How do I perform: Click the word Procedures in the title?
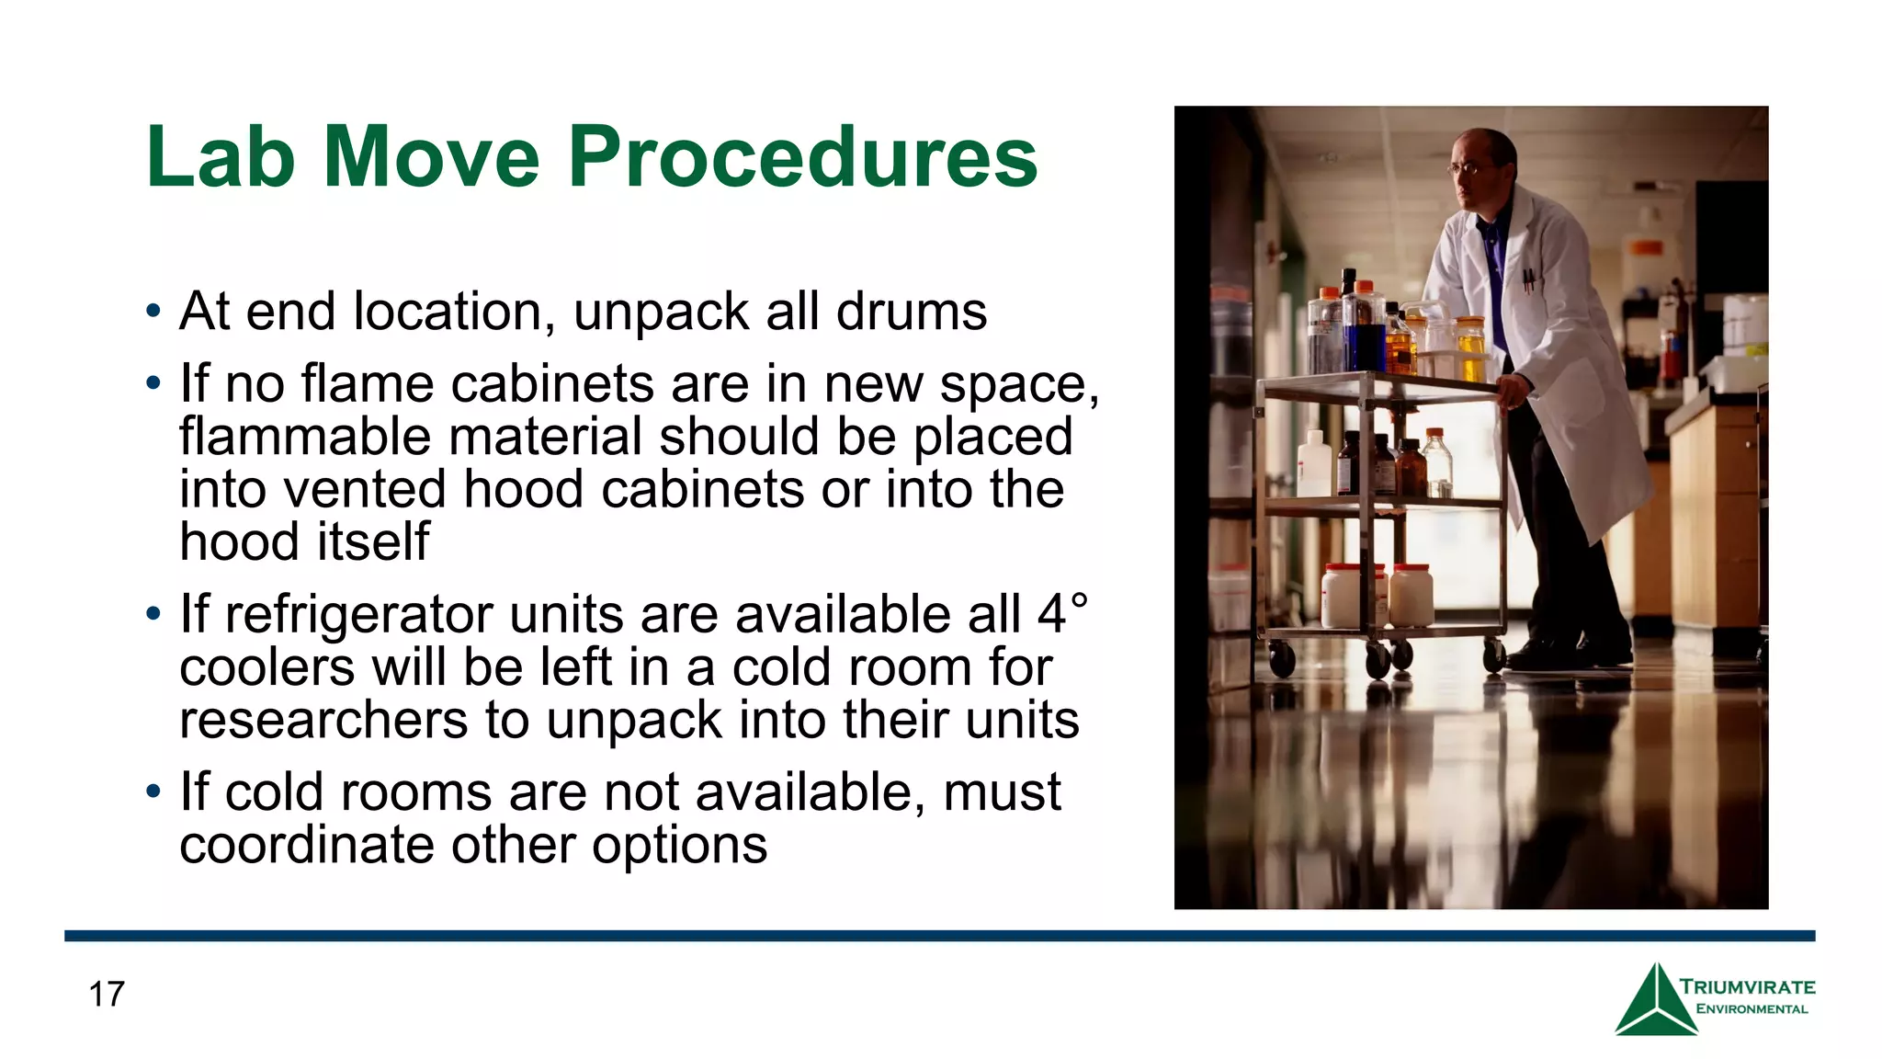click(802, 157)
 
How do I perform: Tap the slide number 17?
click(107, 995)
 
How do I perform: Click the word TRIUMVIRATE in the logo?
click(1748, 987)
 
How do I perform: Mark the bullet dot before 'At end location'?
click(153, 311)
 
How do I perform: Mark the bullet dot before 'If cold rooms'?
click(153, 791)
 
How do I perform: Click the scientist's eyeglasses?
click(1468, 168)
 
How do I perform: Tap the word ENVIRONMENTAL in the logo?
click(1752, 1009)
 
